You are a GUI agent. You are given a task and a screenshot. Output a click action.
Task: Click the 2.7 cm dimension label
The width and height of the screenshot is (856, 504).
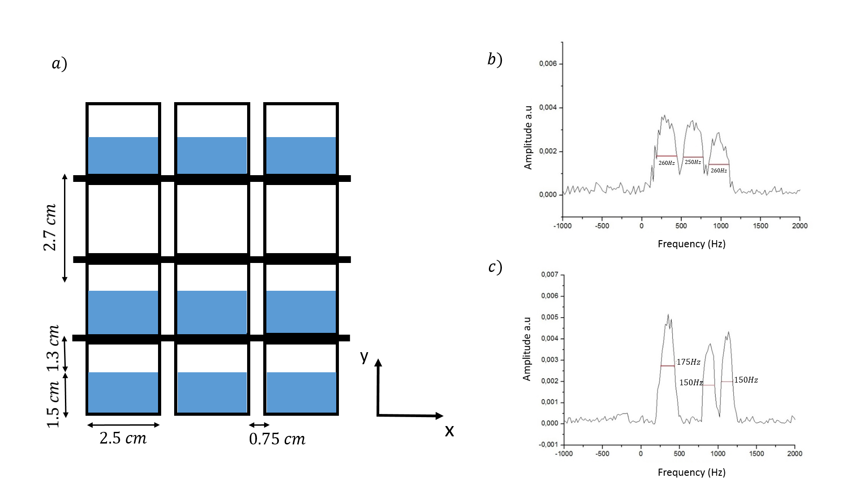(50, 228)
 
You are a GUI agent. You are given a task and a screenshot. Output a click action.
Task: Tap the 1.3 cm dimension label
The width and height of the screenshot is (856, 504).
(53, 349)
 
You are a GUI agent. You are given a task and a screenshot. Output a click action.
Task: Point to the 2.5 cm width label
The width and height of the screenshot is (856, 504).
(123, 438)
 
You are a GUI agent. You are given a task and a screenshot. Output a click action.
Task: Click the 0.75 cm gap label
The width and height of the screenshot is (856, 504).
(277, 439)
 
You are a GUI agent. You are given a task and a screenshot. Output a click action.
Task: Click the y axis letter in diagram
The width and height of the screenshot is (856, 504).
(364, 356)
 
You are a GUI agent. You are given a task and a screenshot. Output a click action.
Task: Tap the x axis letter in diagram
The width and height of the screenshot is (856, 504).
(449, 431)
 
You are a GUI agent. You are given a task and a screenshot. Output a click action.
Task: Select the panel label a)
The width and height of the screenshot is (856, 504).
(59, 63)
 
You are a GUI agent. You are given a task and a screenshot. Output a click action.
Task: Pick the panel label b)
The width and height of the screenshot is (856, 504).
(495, 59)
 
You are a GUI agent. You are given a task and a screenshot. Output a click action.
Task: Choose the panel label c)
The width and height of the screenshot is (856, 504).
(495, 267)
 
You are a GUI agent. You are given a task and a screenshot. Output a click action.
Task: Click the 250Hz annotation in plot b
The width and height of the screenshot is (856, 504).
(693, 162)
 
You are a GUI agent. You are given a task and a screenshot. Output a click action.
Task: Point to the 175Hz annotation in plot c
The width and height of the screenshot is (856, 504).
(688, 362)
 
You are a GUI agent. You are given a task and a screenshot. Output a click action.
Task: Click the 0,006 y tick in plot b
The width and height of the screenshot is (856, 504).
(548, 64)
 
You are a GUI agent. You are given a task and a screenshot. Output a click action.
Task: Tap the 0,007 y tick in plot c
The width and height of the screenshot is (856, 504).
(550, 275)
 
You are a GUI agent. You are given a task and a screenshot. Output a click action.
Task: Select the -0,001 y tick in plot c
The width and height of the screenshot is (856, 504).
(549, 444)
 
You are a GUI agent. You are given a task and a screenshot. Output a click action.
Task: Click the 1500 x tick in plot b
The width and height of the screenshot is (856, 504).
(760, 226)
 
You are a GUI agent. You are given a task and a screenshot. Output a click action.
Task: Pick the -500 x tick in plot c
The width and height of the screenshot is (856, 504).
(602, 454)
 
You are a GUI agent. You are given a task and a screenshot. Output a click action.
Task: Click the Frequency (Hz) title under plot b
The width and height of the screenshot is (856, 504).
(691, 244)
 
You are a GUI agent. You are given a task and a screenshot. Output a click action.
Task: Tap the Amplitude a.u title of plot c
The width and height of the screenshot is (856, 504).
(527, 349)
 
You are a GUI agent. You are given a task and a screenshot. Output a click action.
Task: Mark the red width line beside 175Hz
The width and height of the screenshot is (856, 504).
(668, 366)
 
